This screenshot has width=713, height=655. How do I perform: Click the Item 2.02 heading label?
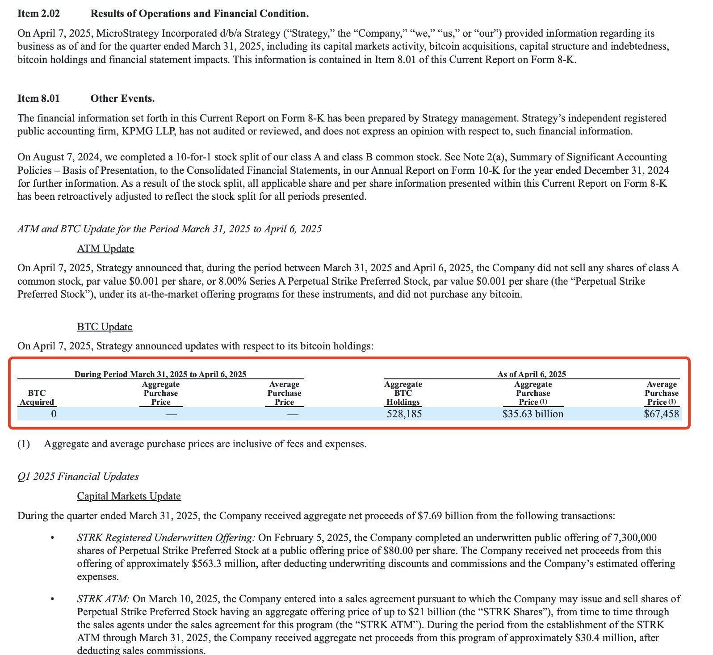tap(38, 14)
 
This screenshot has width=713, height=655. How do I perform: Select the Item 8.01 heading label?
tap(38, 99)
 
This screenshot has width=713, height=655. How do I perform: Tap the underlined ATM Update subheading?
tap(105, 248)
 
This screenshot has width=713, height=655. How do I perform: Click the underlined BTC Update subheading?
tap(105, 327)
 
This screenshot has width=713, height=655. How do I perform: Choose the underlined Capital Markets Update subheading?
tap(129, 496)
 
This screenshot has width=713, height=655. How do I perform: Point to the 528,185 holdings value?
tap(404, 414)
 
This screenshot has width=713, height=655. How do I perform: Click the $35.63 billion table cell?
tap(533, 414)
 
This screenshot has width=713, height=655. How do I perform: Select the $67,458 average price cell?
tap(661, 414)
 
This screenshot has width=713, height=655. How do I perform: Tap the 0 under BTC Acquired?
tap(54, 414)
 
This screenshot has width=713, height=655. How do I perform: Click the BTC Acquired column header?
tap(37, 398)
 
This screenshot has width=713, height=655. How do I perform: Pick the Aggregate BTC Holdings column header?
tap(403, 393)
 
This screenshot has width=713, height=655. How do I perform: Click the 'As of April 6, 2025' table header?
tap(532, 374)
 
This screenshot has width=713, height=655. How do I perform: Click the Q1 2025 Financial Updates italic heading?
tap(78, 477)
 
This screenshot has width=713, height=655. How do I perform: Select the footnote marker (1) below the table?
tap(24, 444)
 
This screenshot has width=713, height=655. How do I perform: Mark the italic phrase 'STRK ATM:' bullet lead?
tap(103, 599)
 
